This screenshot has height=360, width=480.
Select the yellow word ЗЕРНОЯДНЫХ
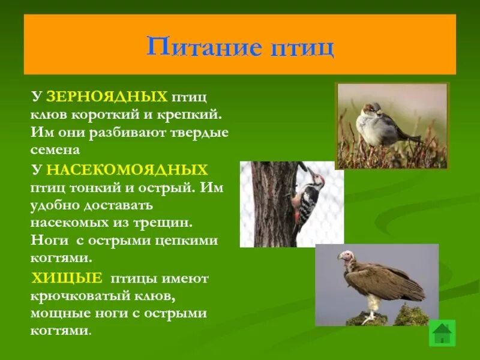[x=106, y=96]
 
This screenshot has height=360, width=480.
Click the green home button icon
[x=442, y=332]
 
